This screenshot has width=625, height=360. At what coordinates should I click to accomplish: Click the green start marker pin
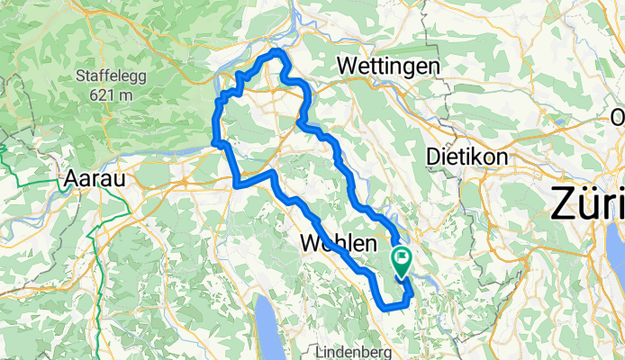coord(401,259)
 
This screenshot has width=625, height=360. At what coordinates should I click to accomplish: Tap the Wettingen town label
coord(388,67)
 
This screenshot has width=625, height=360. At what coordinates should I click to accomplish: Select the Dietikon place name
coord(466,157)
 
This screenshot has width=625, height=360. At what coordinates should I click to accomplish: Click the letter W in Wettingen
coord(346,67)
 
